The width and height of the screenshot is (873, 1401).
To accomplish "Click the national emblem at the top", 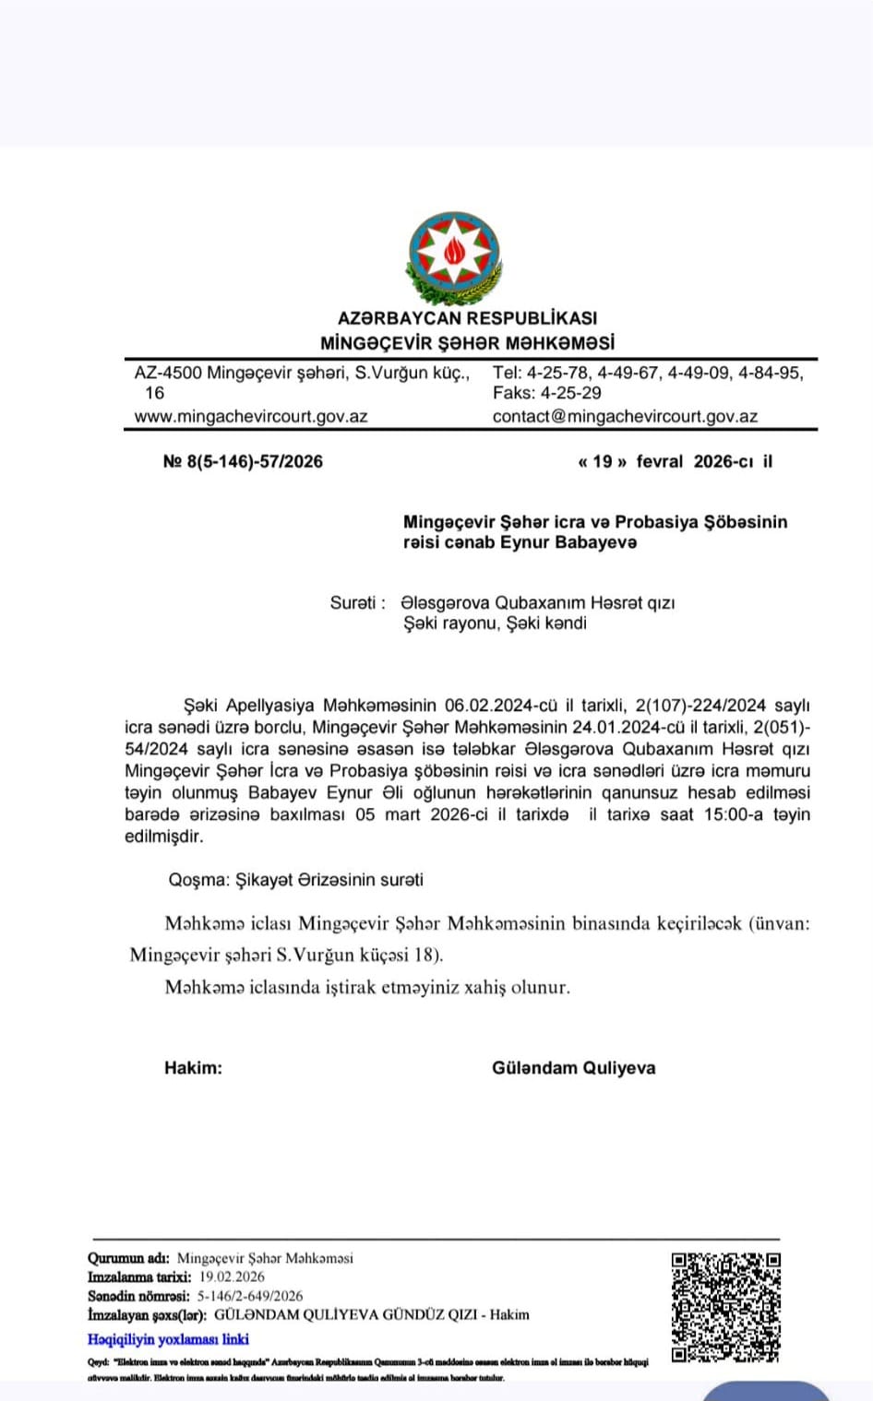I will point(454,255).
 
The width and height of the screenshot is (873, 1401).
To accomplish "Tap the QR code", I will point(726,1306).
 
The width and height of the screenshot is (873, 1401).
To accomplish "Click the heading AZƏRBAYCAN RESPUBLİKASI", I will point(467,318).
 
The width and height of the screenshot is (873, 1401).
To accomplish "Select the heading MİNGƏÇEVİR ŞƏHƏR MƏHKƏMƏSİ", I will point(467,343).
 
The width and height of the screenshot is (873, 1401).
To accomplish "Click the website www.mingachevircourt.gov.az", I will point(251,416).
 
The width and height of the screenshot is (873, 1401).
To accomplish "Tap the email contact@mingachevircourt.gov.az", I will point(625,416).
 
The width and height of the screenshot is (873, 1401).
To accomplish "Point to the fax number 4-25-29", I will point(571,393).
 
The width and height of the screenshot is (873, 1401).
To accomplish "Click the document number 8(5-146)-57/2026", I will point(255,461).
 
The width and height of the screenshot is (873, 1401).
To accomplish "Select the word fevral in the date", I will point(660,461).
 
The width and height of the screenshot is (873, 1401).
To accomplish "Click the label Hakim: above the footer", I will point(193,1068).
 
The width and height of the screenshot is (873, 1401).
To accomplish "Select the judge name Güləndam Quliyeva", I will point(573,1068).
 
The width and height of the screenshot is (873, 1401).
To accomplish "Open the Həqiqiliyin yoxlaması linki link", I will point(168,1339).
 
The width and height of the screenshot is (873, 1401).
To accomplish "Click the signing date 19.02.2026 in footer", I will point(232,1276).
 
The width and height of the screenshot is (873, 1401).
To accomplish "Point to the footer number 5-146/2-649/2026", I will point(249,1296).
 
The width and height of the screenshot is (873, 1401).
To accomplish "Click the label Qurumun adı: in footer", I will point(128,1258).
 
